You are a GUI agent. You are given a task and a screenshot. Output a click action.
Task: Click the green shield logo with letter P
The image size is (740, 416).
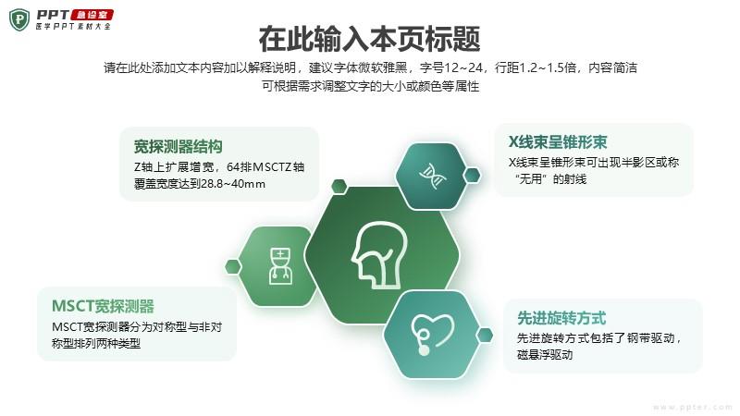coord(19,19)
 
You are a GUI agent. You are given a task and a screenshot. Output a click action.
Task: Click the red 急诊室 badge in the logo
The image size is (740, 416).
coord(92,15)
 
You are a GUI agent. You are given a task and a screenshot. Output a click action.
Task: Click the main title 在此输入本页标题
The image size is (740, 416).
coord(369,39)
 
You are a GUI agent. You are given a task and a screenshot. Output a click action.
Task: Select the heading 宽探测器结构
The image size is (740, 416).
coord(178,147)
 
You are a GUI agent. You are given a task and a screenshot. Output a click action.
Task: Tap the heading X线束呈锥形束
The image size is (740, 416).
coord(558,142)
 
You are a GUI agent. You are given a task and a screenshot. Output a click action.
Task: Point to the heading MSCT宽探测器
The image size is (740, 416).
coord(103,306)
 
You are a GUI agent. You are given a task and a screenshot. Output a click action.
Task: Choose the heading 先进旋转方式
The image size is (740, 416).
coord(561,318)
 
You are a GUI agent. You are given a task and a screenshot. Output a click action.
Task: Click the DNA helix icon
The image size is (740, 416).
coord(432,176)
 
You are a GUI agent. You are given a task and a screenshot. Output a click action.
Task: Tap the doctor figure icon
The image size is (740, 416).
coord(281,266)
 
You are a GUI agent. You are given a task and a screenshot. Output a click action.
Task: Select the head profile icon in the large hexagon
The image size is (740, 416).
coord(379,255)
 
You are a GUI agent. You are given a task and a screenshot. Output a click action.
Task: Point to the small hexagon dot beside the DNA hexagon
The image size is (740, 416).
coord(472,175)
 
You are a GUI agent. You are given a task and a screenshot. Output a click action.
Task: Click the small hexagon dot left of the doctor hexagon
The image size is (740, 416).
coord(233,266)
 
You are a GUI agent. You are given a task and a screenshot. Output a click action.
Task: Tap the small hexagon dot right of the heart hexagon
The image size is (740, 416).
coord(485,336)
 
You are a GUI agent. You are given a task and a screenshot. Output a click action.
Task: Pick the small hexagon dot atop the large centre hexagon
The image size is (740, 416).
coord(339,187)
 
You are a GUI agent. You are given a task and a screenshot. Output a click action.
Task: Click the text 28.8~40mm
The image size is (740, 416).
coord(233,184)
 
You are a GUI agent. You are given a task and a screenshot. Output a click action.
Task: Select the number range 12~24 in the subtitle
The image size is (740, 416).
coord(463,67)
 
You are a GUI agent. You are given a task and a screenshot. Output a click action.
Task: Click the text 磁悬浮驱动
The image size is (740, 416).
coord(545,355)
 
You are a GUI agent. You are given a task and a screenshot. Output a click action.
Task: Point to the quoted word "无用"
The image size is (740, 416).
coord(531,179)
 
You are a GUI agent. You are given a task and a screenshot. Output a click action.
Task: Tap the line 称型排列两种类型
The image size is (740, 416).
coord(96,343)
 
